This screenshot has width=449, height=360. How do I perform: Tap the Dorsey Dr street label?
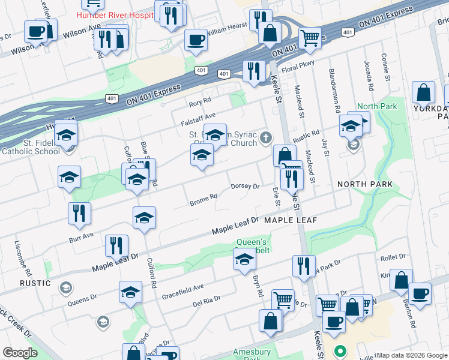pyautogui.click(x=245, y=187)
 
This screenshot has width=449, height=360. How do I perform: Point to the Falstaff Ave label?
pyautogui.click(x=198, y=116)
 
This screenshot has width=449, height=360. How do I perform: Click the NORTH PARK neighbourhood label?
pyautogui.click(x=365, y=184)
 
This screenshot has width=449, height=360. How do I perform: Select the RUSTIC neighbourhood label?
pyautogui.click(x=35, y=283)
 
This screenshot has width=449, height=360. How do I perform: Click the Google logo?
pyautogui.click(x=20, y=353)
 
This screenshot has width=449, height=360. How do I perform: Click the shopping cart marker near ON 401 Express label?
pyautogui.click(x=310, y=38)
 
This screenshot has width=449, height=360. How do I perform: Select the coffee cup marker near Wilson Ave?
pyautogui.click(x=36, y=31)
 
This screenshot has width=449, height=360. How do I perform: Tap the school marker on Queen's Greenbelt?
pyautogui.click(x=244, y=260)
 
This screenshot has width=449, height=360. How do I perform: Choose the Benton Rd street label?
pyautogui.click(x=412, y=316)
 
